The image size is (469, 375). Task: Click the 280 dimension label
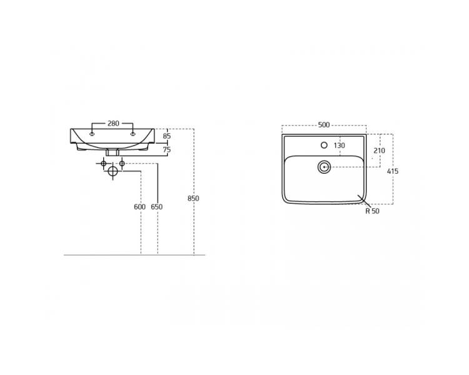[113, 123]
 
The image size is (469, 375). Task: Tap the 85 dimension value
[167, 136]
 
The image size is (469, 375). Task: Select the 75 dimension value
[167, 149]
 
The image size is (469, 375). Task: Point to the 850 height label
[193, 198]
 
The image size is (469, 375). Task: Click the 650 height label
[157, 207]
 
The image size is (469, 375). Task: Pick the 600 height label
[139, 207]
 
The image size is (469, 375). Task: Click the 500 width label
[324, 125]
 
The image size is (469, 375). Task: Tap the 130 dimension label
[339, 146]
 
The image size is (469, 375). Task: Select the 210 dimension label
[380, 151]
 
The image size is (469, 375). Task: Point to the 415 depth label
[393, 171]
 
